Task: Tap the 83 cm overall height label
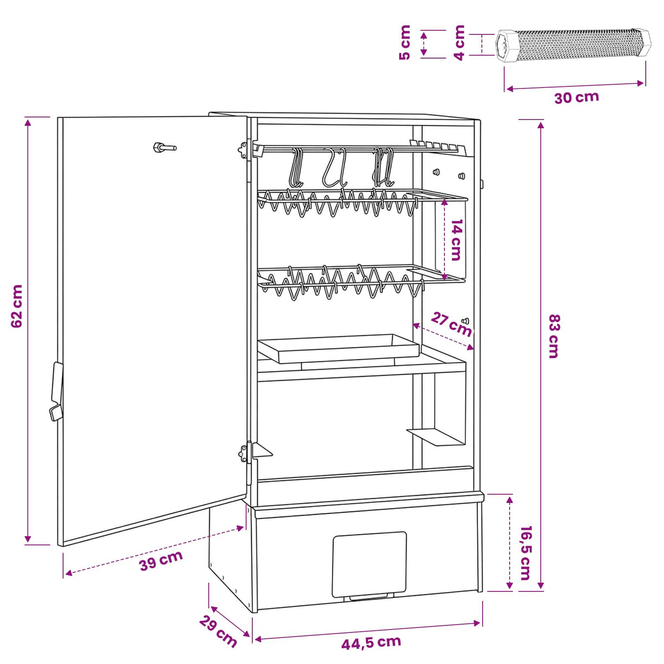coord(554,336)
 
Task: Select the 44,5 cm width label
coord(371,642)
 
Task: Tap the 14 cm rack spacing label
coord(456,240)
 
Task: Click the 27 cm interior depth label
coord(451,324)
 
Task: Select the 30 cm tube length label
coord(577,97)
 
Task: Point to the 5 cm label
coord(405,43)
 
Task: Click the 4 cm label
coord(459,43)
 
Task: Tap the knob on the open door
coord(165,148)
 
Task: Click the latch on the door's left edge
coord(57,391)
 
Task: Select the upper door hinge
coord(243,150)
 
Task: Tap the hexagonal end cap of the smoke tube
coord(506,46)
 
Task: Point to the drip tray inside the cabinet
coord(339,349)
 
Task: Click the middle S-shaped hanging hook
coord(334,168)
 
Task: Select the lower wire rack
coord(361,282)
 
